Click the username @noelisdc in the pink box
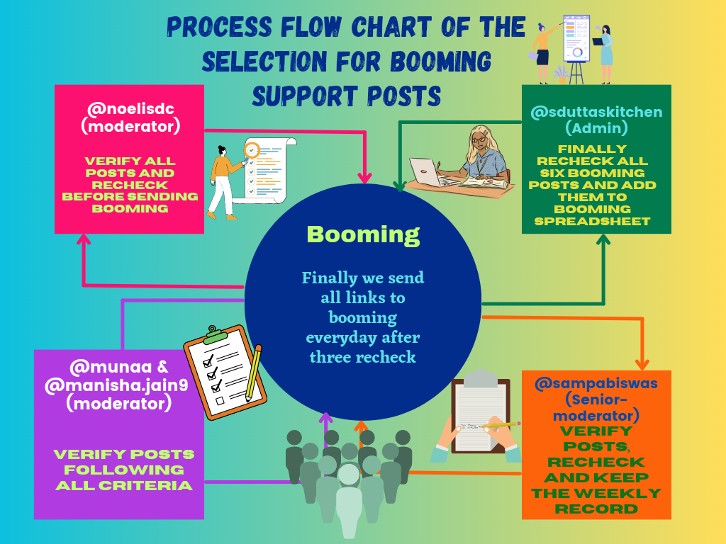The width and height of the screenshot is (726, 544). coord(130,109)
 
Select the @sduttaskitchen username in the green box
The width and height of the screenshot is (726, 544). coord(596,112)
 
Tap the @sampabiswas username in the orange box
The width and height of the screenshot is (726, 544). coord(596,383)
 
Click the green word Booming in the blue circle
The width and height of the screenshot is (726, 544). coord(363,234)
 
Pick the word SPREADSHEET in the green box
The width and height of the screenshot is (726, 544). coord(592,221)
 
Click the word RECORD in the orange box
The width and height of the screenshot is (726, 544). coord(596,509)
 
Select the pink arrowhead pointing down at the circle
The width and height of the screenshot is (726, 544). coord(365,177)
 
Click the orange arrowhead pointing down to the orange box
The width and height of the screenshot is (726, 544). coord(642,364)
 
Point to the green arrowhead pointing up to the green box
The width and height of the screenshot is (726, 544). coord(603,239)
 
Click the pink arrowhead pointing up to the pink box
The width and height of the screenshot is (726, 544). coord(84,239)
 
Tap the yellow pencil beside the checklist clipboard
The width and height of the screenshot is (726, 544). coord(254,373)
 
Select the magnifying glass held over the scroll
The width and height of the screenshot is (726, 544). coord(250,152)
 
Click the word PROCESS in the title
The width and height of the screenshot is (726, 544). coord(220,28)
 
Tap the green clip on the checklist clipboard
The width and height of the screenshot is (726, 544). coord(216,334)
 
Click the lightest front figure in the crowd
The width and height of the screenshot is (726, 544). coord(349,499)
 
